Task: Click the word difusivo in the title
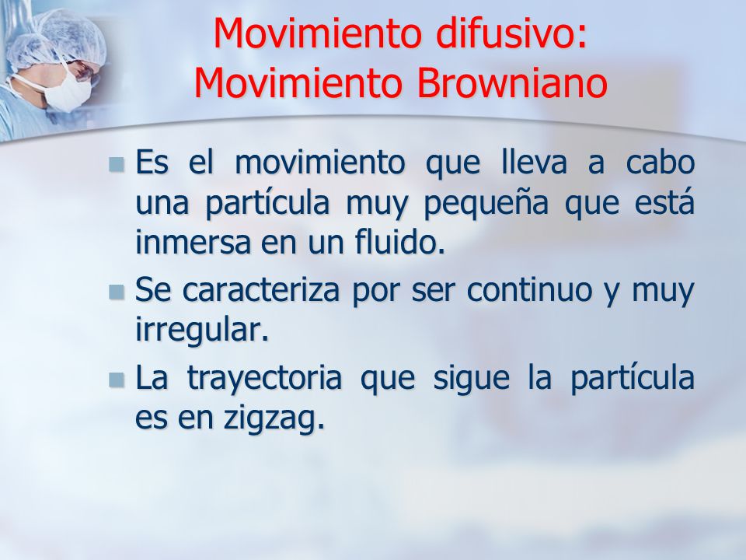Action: pyautogui.click(x=511, y=33)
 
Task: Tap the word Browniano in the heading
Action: pyautogui.click(x=512, y=84)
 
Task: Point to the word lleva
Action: pyautogui.click(x=535, y=162)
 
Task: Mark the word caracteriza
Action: pyautogui.click(x=261, y=289)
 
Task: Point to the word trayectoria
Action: pyautogui.click(x=264, y=379)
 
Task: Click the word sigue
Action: pyautogui.click(x=471, y=379)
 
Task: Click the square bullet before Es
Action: pyautogui.click(x=116, y=165)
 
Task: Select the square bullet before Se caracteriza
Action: pyautogui.click(x=116, y=292)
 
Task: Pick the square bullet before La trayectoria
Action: pyautogui.click(x=116, y=380)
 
